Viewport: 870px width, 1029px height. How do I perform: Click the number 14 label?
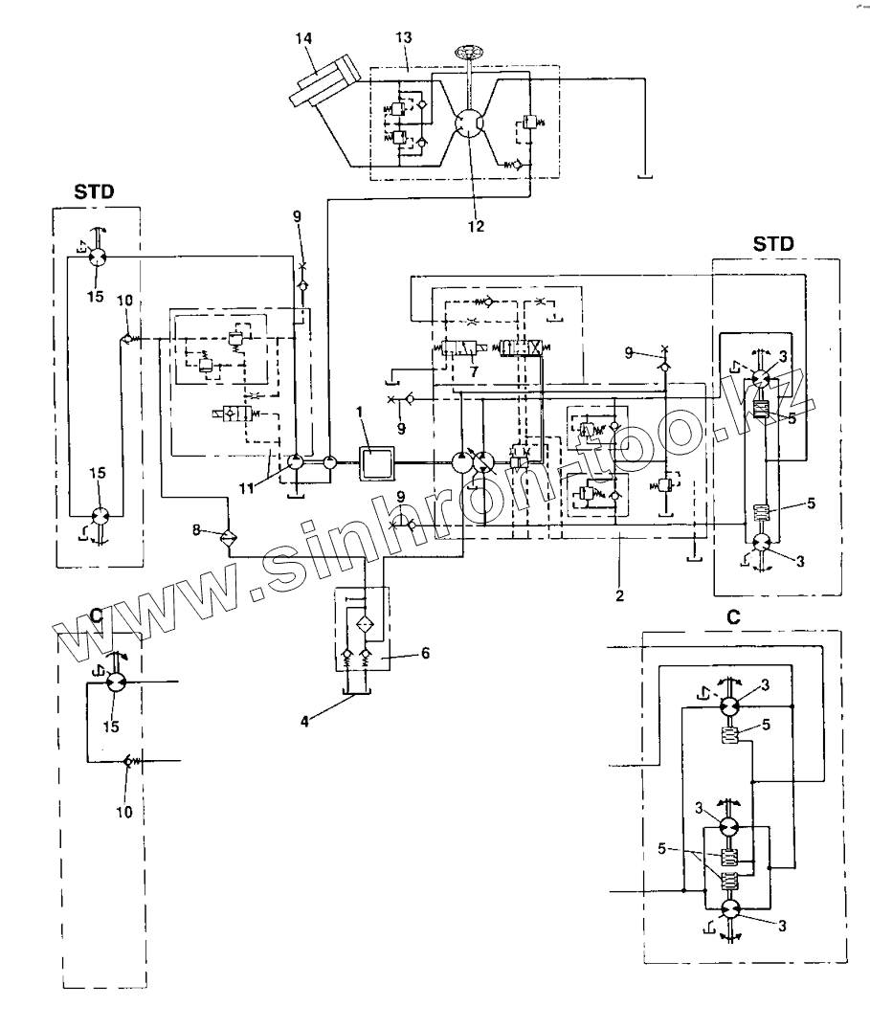tap(303, 38)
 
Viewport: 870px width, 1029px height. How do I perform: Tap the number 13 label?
tap(404, 37)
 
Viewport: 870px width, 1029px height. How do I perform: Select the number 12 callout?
tap(476, 226)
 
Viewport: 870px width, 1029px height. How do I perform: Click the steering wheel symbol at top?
tap(467, 52)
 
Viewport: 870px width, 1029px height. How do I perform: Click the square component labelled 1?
tap(375, 462)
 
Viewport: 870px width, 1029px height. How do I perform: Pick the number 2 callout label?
tap(619, 596)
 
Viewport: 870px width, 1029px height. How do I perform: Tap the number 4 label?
tap(304, 721)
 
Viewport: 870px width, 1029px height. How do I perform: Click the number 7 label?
tap(474, 371)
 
